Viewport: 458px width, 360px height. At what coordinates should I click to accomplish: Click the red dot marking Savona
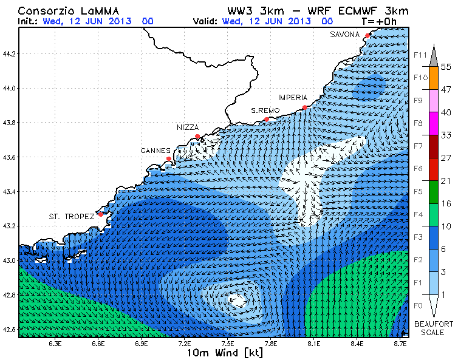click(x=367, y=35)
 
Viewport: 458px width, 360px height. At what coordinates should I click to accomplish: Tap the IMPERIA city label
click(x=293, y=98)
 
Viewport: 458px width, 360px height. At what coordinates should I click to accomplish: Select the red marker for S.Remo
click(x=266, y=119)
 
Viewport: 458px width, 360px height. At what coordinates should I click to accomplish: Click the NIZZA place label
click(x=188, y=127)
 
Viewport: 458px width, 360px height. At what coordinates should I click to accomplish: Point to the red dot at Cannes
click(x=168, y=159)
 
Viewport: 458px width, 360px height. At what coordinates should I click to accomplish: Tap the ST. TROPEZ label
click(x=71, y=216)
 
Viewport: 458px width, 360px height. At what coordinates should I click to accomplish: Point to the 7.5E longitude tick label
click(x=228, y=344)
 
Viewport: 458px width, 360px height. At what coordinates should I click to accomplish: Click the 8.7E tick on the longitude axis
click(x=400, y=344)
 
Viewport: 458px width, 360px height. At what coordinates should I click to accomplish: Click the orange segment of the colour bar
click(x=433, y=77)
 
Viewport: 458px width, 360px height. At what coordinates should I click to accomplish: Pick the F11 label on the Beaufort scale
click(x=419, y=55)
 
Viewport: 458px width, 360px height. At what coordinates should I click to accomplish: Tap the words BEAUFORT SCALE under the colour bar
click(x=434, y=328)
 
